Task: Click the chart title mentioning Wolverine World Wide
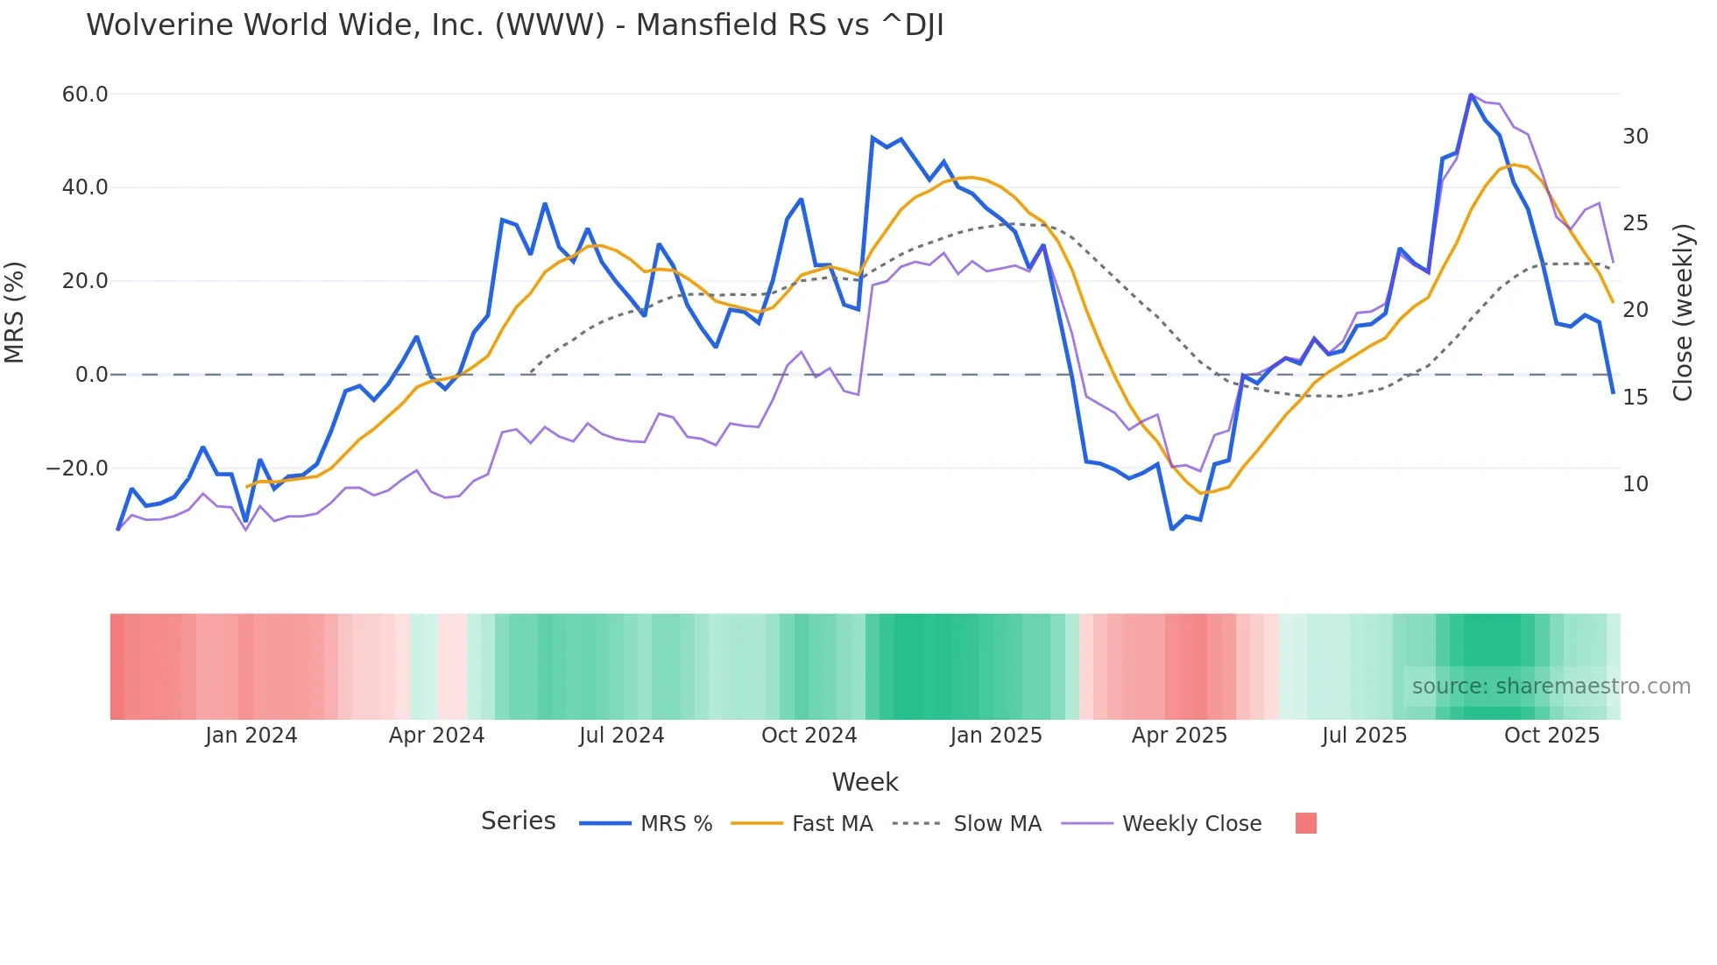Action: click(514, 25)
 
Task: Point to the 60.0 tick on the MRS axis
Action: click(85, 95)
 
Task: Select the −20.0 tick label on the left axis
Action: click(78, 468)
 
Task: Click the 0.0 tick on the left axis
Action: click(91, 375)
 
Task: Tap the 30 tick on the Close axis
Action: click(1635, 137)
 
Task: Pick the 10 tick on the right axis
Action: click(1635, 484)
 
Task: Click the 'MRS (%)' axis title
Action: click(15, 313)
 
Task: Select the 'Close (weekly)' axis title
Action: click(1682, 313)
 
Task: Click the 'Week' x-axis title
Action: click(865, 782)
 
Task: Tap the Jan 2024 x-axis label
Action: click(251, 736)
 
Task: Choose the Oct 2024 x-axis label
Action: click(809, 736)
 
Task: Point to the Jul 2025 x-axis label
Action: click(1364, 736)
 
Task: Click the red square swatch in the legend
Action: click(1305, 823)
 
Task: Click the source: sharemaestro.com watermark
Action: click(1551, 687)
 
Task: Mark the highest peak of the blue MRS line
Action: click(1471, 95)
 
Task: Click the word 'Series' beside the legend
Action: click(518, 821)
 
